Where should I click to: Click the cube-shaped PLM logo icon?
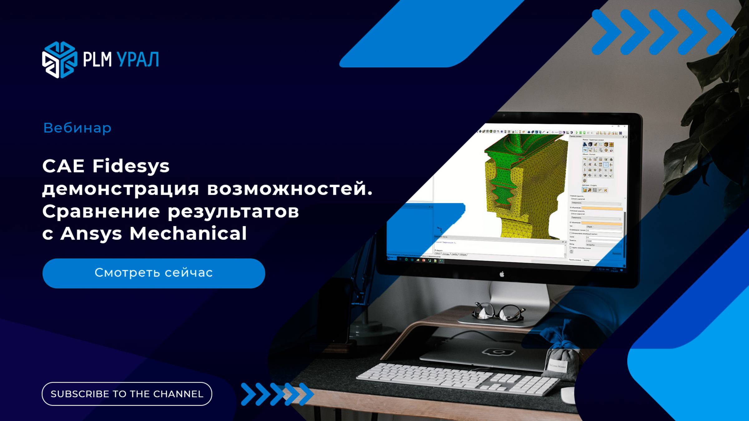pyautogui.click(x=59, y=60)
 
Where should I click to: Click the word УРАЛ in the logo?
pyautogui.click(x=138, y=60)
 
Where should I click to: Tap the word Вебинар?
pyautogui.click(x=77, y=128)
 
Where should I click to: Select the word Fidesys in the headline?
pyautogui.click(x=131, y=166)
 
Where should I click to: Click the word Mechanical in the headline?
pyautogui.click(x=188, y=234)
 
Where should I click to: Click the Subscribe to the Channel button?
pyautogui.click(x=127, y=394)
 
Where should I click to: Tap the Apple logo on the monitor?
pyautogui.click(x=502, y=274)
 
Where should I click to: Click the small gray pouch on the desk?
pyautogui.click(x=560, y=362)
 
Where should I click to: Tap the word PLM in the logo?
pyautogui.click(x=97, y=60)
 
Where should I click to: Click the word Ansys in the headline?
pyautogui.click(x=91, y=234)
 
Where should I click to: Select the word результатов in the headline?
pyautogui.click(x=233, y=211)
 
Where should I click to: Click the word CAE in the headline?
pyautogui.click(x=63, y=166)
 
